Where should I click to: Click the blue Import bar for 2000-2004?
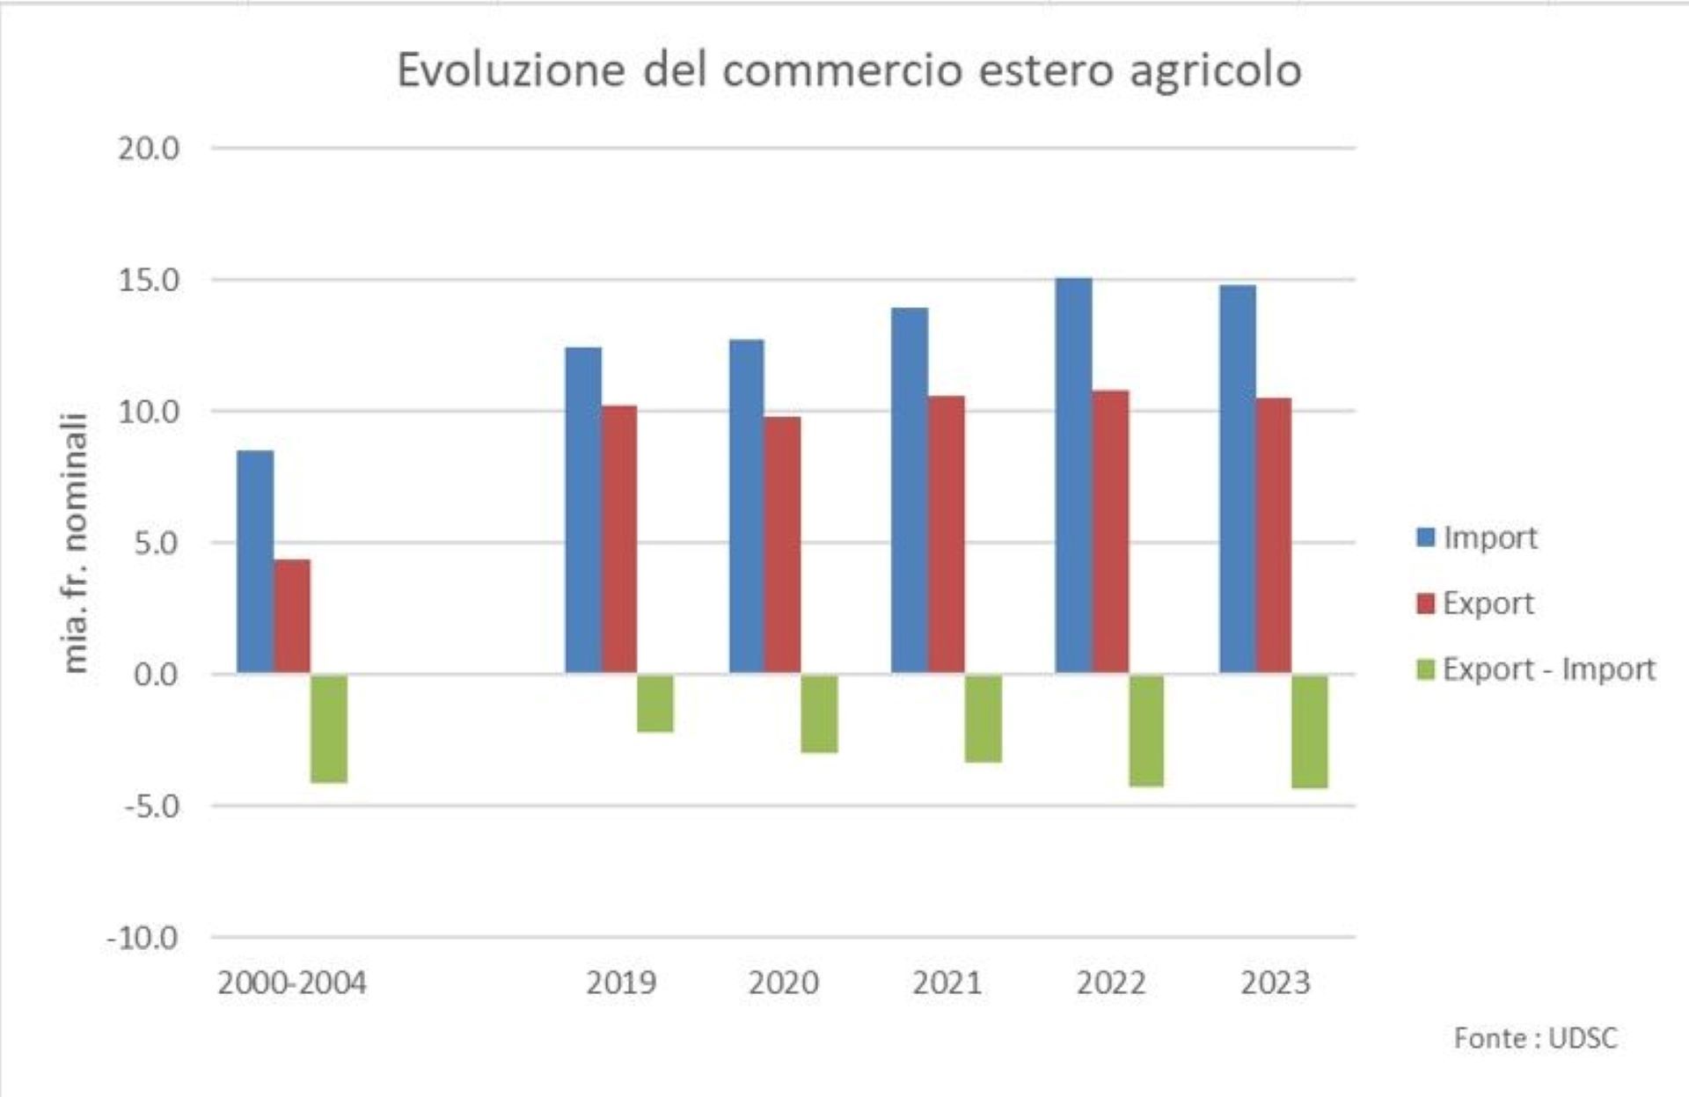click(255, 562)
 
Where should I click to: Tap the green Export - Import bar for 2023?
click(1310, 731)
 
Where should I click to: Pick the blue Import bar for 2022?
click(1074, 476)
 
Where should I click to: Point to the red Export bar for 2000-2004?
click(292, 616)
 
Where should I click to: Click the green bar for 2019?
click(655, 703)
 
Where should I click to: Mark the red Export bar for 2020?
click(783, 545)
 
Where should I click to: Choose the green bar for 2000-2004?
click(329, 728)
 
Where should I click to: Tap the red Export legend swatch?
click(1426, 603)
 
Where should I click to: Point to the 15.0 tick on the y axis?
click(148, 281)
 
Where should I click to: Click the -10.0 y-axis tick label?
click(143, 938)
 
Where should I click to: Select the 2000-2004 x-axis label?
click(291, 983)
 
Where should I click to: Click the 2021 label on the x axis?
click(947, 983)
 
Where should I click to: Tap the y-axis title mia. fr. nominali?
click(77, 543)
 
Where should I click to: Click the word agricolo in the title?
click(1215, 70)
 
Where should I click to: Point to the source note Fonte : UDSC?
click(1535, 1038)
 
